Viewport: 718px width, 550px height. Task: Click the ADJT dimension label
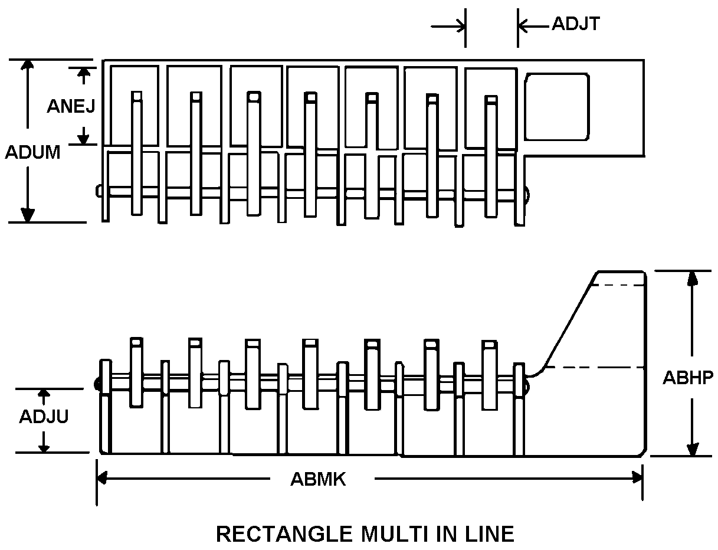[576, 24]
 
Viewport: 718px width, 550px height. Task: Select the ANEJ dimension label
[71, 106]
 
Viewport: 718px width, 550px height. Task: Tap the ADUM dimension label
[32, 152]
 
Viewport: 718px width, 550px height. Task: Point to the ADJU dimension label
[44, 416]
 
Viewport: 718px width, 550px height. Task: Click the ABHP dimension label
[688, 377]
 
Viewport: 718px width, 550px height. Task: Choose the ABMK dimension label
[318, 479]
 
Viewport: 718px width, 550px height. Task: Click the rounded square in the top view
[557, 107]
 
